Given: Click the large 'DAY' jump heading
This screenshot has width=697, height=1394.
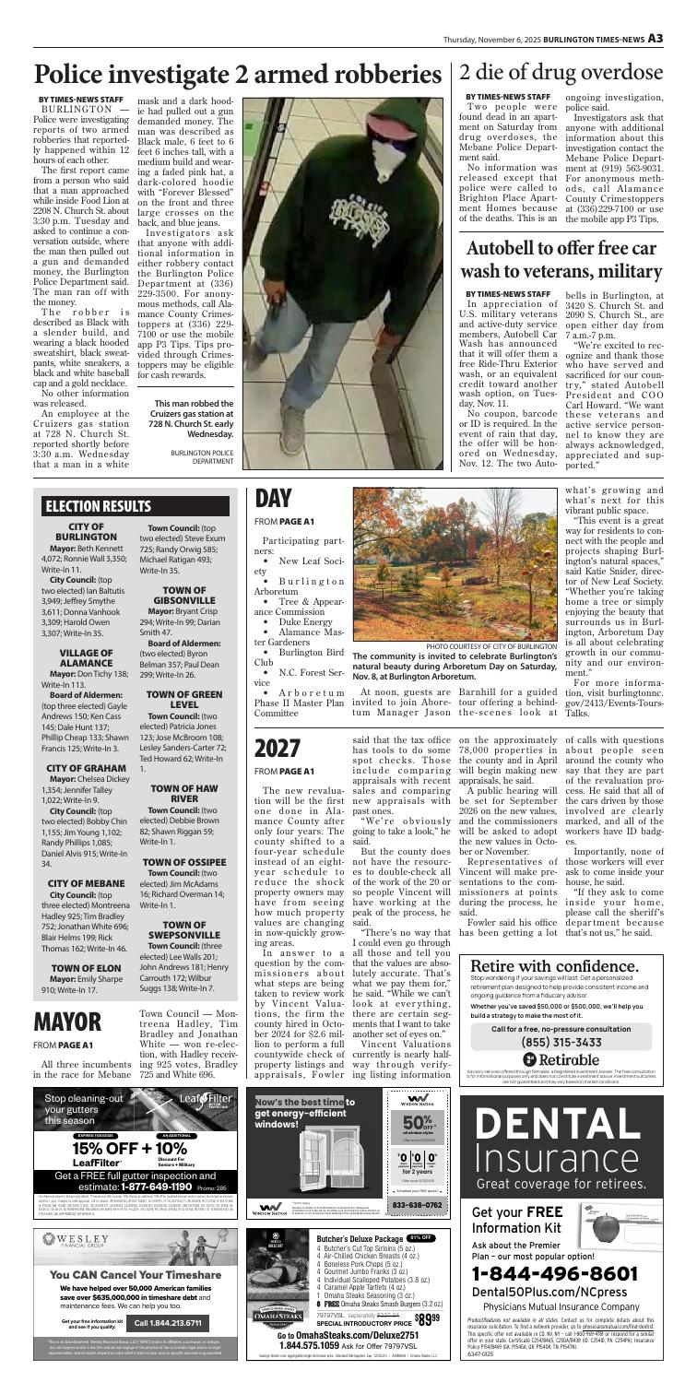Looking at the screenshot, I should tap(274, 500).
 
